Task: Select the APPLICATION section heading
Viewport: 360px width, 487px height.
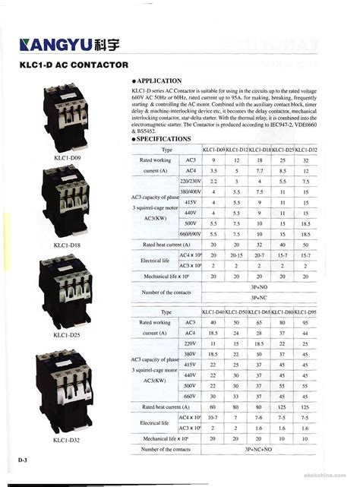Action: [159, 80]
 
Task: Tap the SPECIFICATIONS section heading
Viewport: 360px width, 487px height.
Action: [163, 139]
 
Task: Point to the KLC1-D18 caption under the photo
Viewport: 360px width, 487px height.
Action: [67, 245]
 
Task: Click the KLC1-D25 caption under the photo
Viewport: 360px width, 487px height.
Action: [67, 334]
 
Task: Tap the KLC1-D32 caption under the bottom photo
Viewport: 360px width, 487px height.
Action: [67, 440]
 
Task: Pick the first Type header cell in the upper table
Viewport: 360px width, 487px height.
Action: [167, 150]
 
